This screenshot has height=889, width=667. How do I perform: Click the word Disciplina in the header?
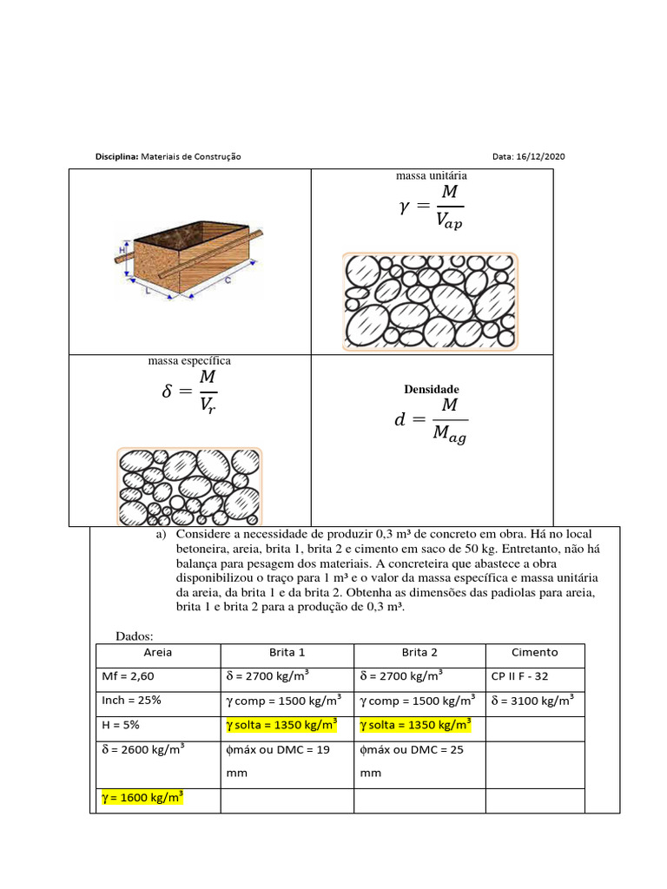pos(116,156)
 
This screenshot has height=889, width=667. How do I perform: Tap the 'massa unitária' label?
pos(432,176)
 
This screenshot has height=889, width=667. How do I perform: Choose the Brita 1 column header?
pos(287,653)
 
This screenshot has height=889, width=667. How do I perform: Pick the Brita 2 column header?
pos(419,653)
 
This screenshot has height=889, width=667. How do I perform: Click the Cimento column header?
pos(535,653)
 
